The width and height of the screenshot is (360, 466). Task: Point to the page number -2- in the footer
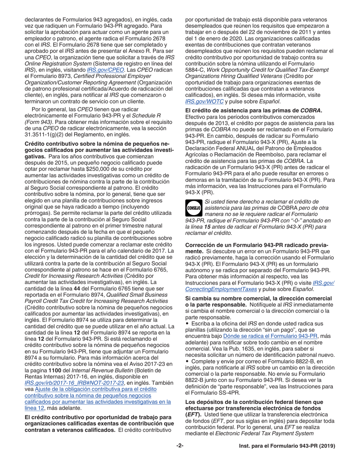tap(180, 457)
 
